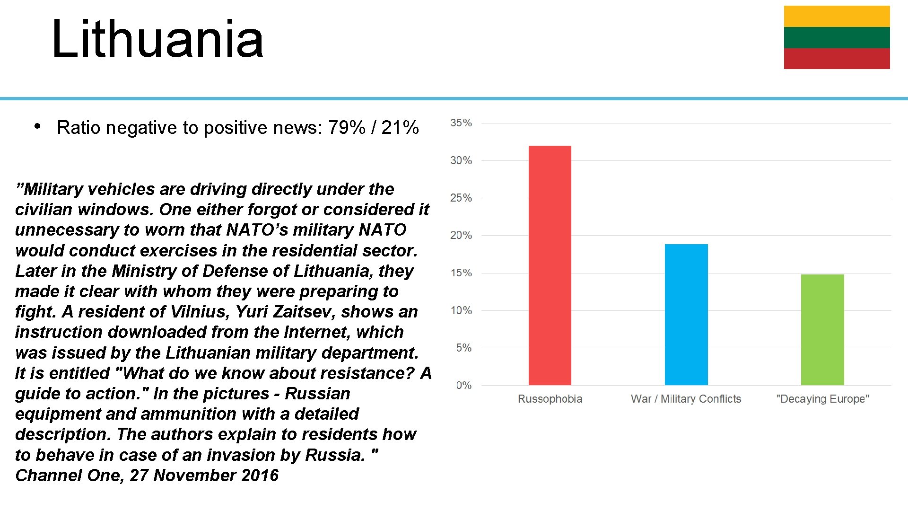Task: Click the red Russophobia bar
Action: pos(550,265)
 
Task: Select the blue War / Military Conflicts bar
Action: pos(686,315)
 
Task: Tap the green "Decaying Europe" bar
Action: pos(822,330)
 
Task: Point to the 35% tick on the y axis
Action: pos(461,123)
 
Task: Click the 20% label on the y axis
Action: pos(461,236)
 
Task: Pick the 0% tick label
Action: pos(464,386)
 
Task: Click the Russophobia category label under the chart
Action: pos(550,399)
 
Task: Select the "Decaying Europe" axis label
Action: pos(822,399)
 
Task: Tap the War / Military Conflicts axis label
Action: pos(686,399)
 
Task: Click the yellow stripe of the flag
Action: pos(837,16)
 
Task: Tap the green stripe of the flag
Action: pos(837,37)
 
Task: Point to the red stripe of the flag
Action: pos(837,59)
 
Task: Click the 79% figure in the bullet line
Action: pos(347,128)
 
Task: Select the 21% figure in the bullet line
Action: pos(400,128)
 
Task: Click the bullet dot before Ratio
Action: pos(37,126)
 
